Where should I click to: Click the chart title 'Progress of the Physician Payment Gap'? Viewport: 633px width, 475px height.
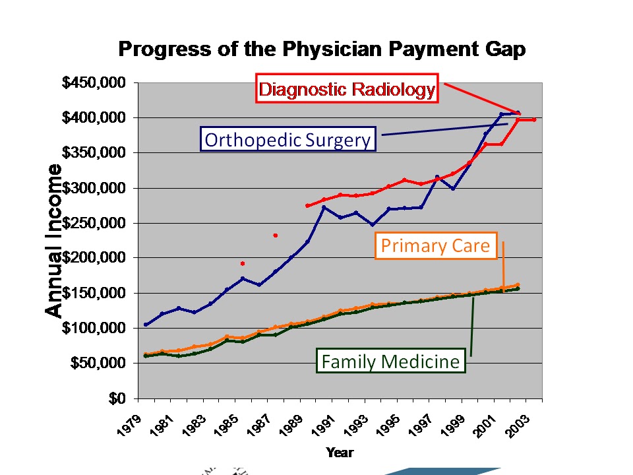[x=322, y=50]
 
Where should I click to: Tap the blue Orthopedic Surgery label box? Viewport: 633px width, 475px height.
[x=288, y=140]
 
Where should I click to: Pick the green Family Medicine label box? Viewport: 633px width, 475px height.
[x=390, y=362]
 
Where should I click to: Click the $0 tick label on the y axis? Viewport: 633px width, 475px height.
[x=120, y=398]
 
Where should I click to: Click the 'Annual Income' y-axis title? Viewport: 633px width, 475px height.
[x=55, y=240]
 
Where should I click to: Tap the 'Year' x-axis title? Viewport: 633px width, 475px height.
[x=340, y=453]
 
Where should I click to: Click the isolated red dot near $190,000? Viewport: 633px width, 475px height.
[x=243, y=263]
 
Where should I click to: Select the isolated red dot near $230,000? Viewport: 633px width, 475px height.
[x=275, y=235]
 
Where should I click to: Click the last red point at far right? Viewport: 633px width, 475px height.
[x=534, y=119]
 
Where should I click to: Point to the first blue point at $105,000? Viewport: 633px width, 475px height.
[x=146, y=325]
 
